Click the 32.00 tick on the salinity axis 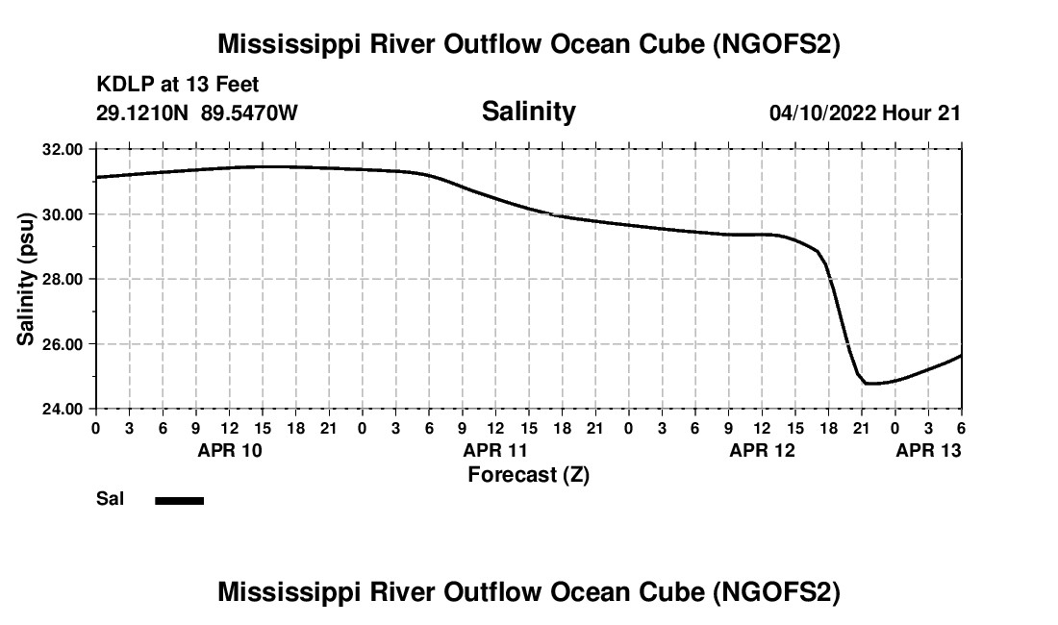coord(63,149)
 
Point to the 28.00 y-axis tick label coord(63,279)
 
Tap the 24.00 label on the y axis coord(63,409)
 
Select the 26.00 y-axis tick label coord(63,343)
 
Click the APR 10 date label coord(229,450)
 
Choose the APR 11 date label coord(496,450)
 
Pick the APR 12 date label coord(763,450)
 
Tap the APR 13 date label coord(929,450)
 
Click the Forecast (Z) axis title coord(528,475)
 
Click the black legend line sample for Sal coord(179,500)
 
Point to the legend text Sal coord(109,500)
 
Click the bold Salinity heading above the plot coord(528,112)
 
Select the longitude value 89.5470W coord(250,113)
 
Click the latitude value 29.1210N coord(143,113)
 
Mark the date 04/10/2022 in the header coord(822,113)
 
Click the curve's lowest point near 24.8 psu coord(871,384)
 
